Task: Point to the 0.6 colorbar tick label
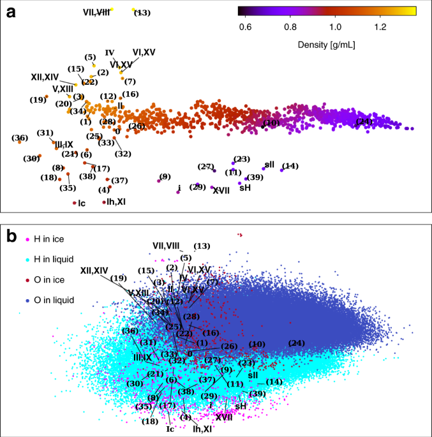[244, 27]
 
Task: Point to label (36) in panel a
[19, 138]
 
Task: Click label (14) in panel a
[290, 167]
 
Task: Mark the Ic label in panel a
[81, 204]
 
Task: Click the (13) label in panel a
[142, 13]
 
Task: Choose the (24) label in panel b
[296, 343]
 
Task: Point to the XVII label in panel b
[223, 418]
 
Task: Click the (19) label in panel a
[38, 100]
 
